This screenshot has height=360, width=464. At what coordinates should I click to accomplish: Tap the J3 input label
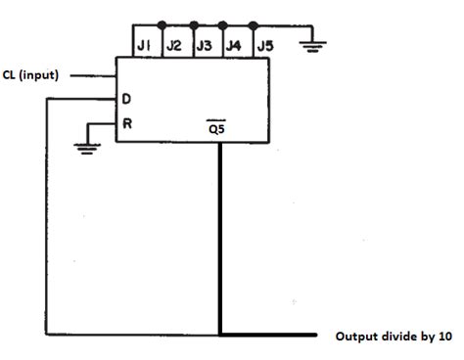205,45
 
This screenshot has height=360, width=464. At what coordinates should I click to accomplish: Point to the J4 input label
235,45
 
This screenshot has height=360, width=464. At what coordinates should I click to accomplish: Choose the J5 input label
264,45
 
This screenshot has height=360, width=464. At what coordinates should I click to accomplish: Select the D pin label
126,99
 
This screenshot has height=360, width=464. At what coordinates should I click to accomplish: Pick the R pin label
126,124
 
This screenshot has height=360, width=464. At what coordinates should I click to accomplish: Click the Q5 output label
219,128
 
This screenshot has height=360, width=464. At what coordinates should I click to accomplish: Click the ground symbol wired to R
86,148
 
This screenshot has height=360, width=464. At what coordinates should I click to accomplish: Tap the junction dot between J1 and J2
162,23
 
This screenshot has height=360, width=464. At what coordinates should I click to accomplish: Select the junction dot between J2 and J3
192,23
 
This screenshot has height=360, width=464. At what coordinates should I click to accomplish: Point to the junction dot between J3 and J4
223,23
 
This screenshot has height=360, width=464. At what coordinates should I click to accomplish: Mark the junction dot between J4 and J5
254,23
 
